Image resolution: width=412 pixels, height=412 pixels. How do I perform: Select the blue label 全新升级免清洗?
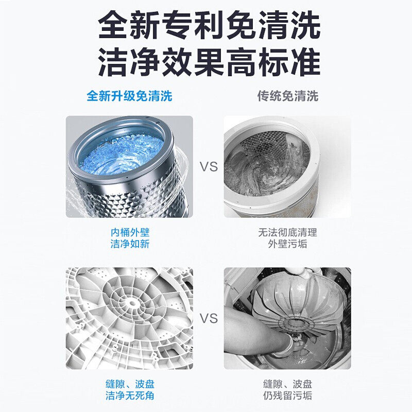point(129,96)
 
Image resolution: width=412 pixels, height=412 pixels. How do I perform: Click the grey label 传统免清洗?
point(288,96)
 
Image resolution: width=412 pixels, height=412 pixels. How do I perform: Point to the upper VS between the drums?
point(209,167)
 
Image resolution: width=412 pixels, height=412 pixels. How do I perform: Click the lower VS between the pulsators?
point(209,318)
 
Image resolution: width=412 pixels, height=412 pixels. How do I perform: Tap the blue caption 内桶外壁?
point(130,232)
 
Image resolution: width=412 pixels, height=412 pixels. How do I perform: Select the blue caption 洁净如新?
point(130,244)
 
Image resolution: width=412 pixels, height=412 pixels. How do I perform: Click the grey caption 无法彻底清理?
point(287,232)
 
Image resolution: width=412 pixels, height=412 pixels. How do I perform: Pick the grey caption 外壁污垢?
point(287,244)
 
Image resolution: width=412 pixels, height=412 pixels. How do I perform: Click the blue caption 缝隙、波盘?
point(130,384)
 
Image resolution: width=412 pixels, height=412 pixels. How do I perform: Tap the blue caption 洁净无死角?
point(130,396)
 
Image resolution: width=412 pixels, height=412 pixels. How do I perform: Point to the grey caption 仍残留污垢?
point(287,396)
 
